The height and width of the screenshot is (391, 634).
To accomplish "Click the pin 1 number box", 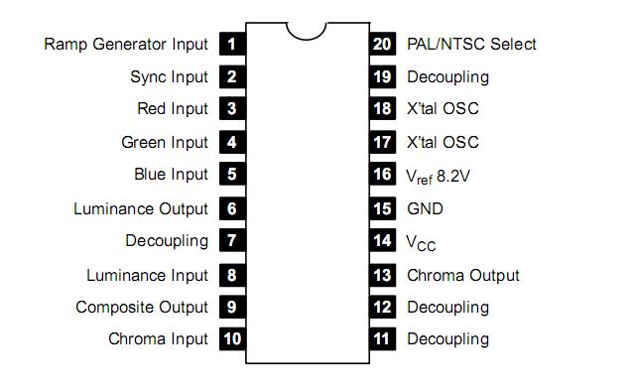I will point(231,44).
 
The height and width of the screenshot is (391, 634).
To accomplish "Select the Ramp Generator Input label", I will point(126,44).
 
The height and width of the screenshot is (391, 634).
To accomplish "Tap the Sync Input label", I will point(169,76).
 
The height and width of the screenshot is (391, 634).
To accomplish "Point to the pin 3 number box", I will point(231,109).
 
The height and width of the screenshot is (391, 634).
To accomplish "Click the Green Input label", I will point(165,142).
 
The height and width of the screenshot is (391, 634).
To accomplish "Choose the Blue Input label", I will point(171,175).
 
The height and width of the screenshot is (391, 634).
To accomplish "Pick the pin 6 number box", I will point(231,208).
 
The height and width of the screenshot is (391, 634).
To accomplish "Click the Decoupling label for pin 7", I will point(167,241).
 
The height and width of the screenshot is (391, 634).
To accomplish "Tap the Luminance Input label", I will point(147,275).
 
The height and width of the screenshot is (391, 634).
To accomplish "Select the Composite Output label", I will point(142,308).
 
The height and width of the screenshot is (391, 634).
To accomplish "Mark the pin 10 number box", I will point(231,339).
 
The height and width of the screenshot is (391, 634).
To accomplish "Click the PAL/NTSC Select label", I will point(471,44).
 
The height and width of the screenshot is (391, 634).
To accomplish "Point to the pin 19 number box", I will point(382,76).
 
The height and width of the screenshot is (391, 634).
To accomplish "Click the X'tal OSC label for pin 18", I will point(443,109).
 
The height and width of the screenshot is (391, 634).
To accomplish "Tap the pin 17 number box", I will point(382,142).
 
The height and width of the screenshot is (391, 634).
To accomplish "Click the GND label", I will point(425,208).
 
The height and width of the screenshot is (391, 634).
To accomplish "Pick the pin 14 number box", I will point(382,241).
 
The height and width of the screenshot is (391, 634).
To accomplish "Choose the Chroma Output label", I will point(462,275).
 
